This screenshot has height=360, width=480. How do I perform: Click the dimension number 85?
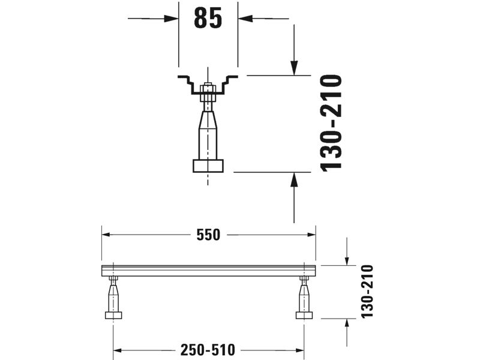click(208, 19)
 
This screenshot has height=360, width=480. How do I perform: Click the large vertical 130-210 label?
click(331, 123)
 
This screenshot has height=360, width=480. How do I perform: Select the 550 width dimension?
click(208, 235)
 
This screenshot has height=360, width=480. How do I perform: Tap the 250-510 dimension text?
click(208, 350)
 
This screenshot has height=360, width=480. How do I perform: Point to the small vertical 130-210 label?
click(367, 292)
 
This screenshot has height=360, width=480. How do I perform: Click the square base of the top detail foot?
click(208, 166)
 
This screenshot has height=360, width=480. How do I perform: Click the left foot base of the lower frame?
click(113, 316)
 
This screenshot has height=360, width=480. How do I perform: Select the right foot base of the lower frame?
click(304, 316)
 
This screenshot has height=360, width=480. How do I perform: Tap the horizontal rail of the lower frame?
click(208, 271)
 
